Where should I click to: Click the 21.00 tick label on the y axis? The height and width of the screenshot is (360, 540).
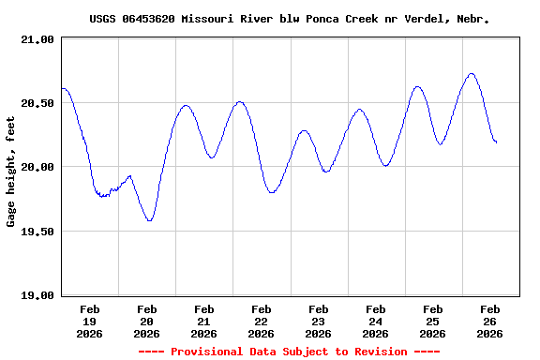click(38, 39)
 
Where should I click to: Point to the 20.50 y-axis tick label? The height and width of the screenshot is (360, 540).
click(38, 103)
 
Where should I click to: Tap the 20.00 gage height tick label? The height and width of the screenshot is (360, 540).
click(38, 167)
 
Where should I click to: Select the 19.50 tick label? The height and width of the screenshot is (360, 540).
click(38, 232)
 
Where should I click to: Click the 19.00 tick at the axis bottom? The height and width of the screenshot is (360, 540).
click(38, 295)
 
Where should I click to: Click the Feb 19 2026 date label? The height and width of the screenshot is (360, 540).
click(90, 321)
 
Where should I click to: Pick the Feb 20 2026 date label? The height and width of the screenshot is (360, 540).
click(147, 321)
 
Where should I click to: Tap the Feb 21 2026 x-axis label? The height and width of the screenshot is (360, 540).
click(204, 321)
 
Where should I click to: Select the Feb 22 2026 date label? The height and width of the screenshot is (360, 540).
click(262, 321)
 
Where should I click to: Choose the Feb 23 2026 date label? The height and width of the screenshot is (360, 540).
click(319, 321)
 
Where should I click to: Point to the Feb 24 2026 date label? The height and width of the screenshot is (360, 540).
click(376, 321)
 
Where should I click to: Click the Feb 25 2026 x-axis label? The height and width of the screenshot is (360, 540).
click(433, 321)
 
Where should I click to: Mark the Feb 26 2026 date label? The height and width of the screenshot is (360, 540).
click(489, 321)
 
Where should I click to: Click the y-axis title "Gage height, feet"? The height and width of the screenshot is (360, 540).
click(11, 172)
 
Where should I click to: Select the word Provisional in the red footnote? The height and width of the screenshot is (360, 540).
click(208, 352)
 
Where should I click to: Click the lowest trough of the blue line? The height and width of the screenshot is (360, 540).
click(149, 221)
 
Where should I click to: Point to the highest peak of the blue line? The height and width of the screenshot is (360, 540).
click(472, 73)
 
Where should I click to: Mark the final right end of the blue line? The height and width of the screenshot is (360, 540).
click(496, 142)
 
